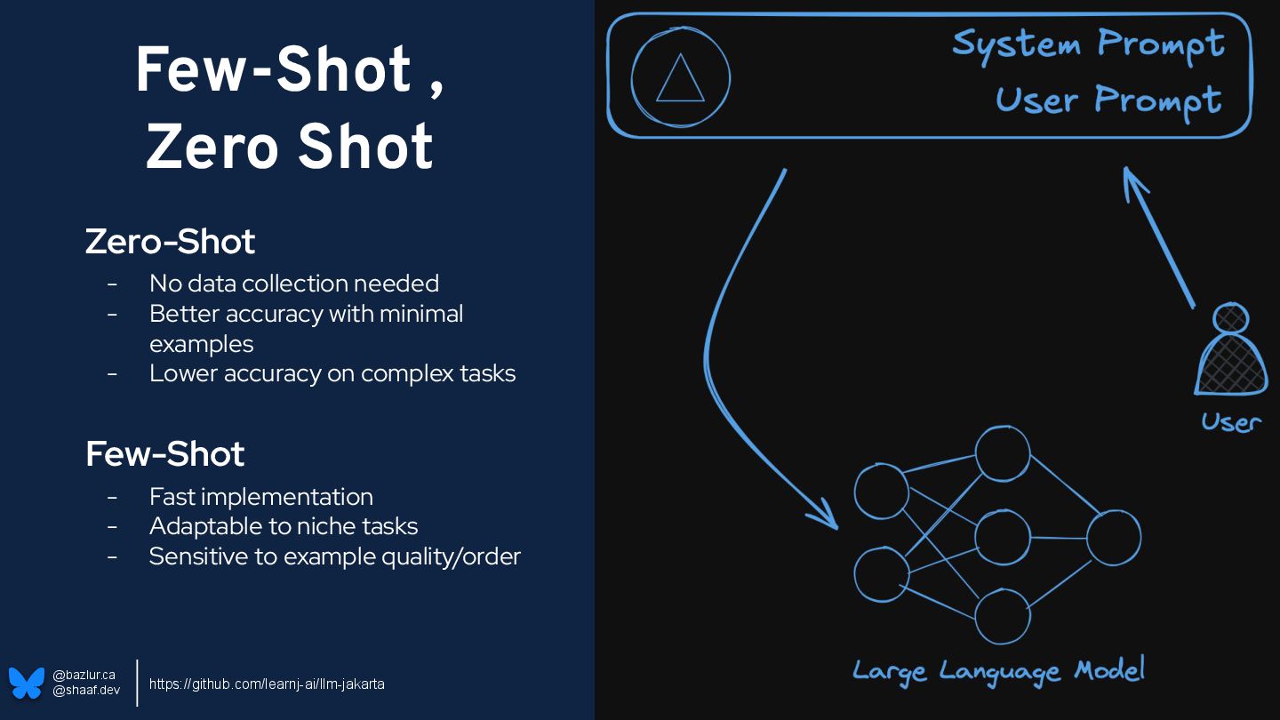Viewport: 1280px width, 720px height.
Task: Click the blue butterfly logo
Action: [x=27, y=683]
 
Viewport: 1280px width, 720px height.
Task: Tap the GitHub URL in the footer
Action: [x=267, y=684]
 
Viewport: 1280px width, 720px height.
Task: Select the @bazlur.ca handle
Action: [x=84, y=675]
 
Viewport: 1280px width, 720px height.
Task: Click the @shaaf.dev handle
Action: [x=86, y=690]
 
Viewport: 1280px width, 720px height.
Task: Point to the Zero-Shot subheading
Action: [x=170, y=241]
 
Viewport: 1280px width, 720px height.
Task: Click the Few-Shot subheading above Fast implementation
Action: [x=164, y=453]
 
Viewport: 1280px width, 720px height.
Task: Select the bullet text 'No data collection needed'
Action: [x=294, y=284]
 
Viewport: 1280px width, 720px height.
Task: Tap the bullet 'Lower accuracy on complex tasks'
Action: [x=332, y=372]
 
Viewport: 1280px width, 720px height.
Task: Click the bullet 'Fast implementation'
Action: [x=261, y=496]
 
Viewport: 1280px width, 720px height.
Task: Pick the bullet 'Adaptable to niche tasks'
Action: [x=284, y=526]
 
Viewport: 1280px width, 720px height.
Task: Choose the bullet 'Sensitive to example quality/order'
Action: [x=334, y=556]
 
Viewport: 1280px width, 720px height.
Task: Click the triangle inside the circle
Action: [x=680, y=78]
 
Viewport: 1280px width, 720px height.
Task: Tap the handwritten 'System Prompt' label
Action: [x=1088, y=43]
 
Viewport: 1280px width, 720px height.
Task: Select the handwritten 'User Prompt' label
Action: [x=1108, y=100]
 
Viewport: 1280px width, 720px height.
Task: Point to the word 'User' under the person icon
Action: [x=1231, y=420]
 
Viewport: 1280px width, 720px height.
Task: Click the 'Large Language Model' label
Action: [x=998, y=670]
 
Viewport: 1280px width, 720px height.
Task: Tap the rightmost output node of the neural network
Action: [x=1113, y=537]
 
